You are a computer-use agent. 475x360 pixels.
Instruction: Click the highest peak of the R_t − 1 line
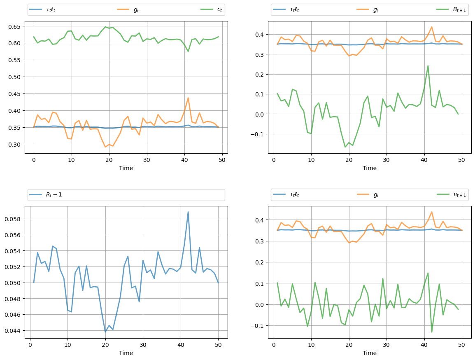point(188,212)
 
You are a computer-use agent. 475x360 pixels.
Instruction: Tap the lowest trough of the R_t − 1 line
point(105,332)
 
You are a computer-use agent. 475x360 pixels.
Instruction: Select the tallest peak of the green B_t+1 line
point(428,65)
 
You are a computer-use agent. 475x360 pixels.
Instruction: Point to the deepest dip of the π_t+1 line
point(432,332)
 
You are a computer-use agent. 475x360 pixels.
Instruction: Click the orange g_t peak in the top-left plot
point(188,98)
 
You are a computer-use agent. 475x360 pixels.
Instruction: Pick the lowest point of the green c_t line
point(188,51)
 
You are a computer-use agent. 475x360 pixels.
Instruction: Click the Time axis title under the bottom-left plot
point(126,353)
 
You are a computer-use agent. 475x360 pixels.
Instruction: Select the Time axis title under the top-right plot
point(370,168)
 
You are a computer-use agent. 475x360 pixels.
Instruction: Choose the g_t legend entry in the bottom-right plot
point(376,195)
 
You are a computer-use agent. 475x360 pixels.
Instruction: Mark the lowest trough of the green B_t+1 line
point(345,147)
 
